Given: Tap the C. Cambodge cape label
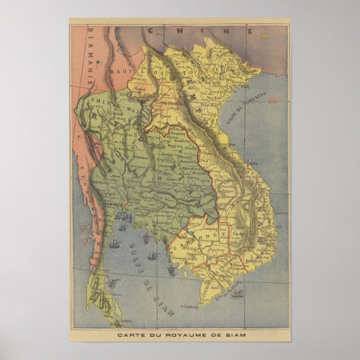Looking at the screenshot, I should [x=191, y=306].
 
